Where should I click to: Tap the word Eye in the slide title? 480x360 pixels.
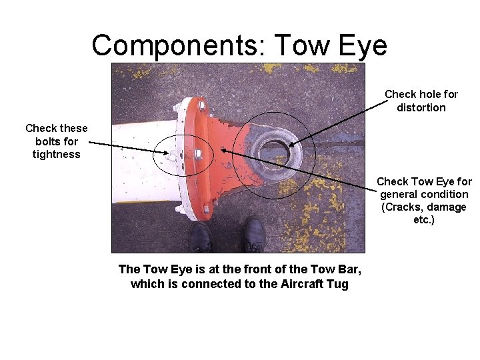[x=363, y=45]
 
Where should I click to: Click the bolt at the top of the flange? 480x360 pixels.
[x=200, y=105]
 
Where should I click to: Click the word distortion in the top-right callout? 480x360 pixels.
[x=421, y=107]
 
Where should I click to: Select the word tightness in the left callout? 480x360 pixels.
[x=56, y=154]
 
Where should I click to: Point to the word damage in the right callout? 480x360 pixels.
[x=448, y=207]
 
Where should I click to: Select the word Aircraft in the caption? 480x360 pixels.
[x=299, y=284]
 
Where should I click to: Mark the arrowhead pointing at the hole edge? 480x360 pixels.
[x=290, y=144]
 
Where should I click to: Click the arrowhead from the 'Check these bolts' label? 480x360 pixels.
[x=166, y=153]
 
